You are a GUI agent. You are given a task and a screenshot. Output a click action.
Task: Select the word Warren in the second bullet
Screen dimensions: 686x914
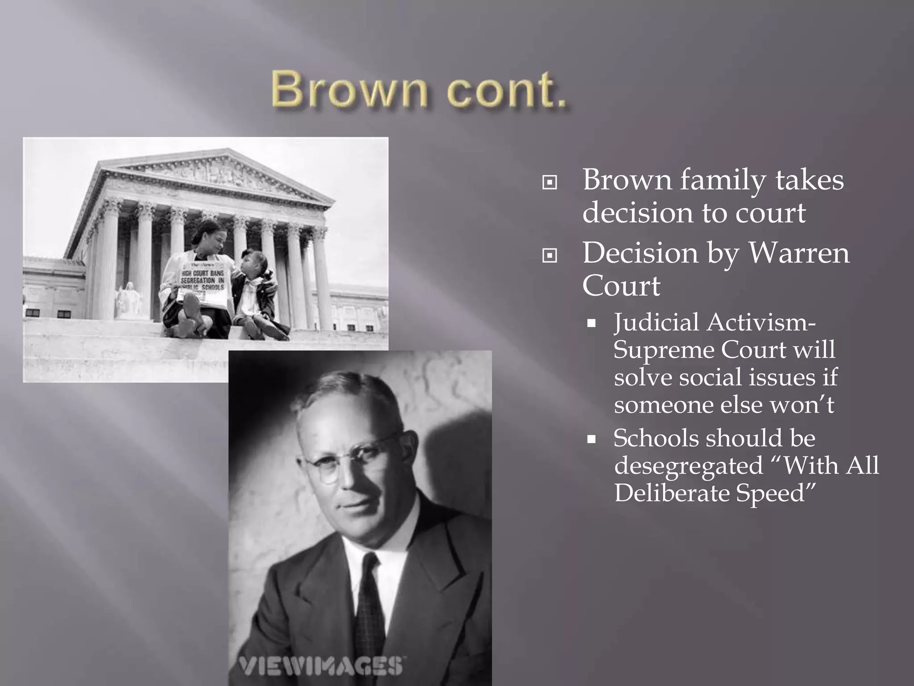[798, 253]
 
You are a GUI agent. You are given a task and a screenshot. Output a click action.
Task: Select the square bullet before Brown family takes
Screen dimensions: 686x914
[549, 183]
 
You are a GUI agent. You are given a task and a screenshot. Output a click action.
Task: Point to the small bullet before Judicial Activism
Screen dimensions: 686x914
[592, 324]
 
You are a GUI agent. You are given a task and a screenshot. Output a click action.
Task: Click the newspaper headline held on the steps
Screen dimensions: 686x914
[203, 280]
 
